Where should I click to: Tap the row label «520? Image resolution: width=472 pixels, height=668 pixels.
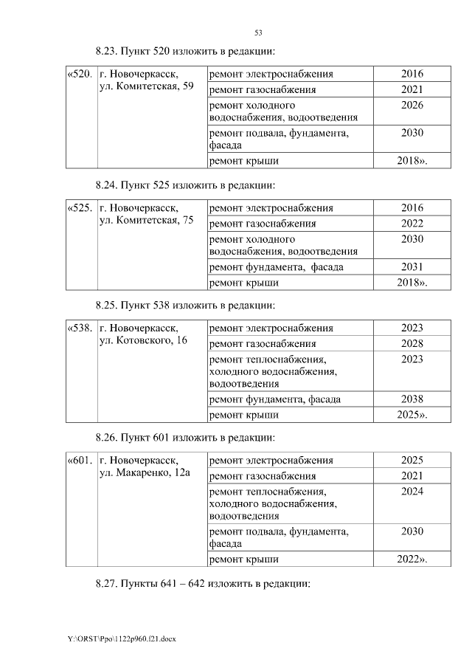pyautogui.click(x=80, y=75)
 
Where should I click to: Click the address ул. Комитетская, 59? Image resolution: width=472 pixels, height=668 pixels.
pyautogui.click(x=146, y=88)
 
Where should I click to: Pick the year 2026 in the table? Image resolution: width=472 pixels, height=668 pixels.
pyautogui.click(x=412, y=106)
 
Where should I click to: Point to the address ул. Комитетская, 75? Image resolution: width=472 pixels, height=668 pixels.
pyautogui.click(x=146, y=221)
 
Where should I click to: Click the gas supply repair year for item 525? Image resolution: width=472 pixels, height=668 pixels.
pyautogui.click(x=412, y=224)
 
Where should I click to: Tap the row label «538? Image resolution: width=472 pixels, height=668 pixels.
pyautogui.click(x=80, y=328)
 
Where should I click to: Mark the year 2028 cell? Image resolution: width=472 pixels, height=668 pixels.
pyautogui.click(x=412, y=344)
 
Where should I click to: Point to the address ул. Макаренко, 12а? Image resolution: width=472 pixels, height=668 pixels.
pyautogui.click(x=145, y=473)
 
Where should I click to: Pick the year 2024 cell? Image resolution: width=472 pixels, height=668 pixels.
pyautogui.click(x=412, y=491)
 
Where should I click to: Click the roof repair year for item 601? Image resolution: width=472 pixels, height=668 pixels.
pyautogui.click(x=412, y=560)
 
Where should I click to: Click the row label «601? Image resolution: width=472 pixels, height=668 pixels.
pyautogui.click(x=80, y=461)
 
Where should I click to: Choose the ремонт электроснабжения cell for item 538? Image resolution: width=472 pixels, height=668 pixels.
pyautogui.click(x=271, y=328)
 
